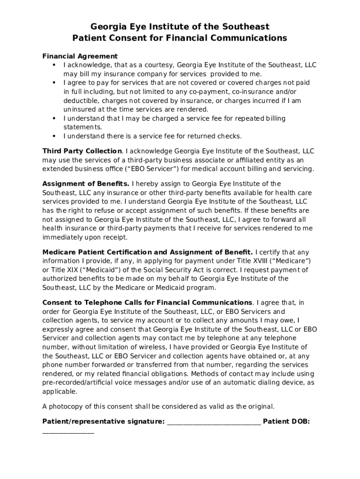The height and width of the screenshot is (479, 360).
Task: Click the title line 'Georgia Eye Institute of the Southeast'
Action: [180, 27]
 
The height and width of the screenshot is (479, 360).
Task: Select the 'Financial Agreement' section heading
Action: [80, 56]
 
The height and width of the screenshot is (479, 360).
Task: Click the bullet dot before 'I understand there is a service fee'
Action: [54, 136]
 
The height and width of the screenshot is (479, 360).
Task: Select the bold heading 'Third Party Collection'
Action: [82, 151]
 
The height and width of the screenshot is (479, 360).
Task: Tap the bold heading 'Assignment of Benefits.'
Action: [86, 184]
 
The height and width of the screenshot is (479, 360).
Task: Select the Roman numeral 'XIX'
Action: [73, 270]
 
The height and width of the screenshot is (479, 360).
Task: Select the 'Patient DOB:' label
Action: [286, 421]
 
